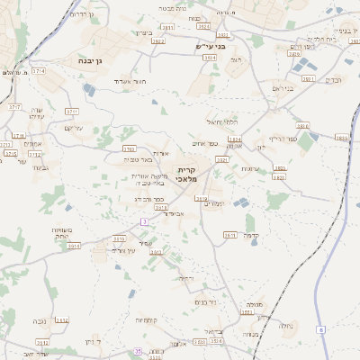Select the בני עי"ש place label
[x=209, y=46]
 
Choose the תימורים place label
[x=215, y=203]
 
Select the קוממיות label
[x=148, y=320]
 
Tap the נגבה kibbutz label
[x=40, y=321]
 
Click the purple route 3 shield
[x=144, y=221]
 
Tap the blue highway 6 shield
[x=319, y=330]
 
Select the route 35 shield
[x=138, y=350]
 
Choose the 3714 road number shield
[x=40, y=70]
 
